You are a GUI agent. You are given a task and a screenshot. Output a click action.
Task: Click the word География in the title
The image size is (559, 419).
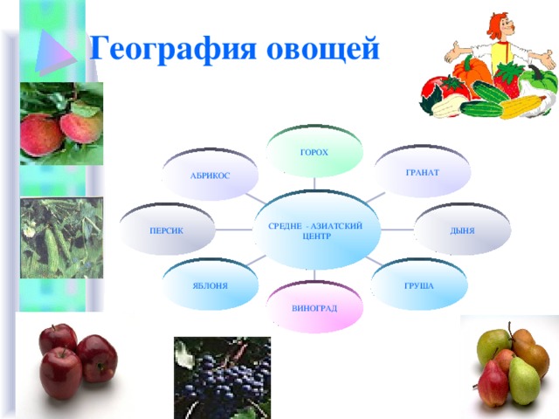173,49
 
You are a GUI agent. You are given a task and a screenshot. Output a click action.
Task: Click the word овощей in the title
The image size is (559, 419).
322,49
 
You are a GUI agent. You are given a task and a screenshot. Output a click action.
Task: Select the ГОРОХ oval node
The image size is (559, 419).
314,151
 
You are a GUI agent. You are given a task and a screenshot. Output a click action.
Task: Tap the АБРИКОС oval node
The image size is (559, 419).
210,175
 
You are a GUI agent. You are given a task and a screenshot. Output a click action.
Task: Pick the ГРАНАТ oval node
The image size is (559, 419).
423,171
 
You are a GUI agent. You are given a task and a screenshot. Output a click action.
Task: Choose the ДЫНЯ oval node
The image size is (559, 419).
462,230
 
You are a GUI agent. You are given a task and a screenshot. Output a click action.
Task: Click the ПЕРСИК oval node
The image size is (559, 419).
167,230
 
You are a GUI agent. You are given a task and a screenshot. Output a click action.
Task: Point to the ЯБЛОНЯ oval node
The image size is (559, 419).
210,285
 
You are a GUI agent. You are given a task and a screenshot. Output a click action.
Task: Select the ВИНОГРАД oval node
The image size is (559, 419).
314,307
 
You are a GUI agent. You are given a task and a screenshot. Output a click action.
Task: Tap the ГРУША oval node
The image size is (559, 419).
419,285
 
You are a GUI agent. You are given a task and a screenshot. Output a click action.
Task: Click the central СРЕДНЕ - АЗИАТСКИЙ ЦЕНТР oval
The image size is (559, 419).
316,230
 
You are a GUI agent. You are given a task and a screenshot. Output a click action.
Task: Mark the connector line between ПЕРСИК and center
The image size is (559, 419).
234,230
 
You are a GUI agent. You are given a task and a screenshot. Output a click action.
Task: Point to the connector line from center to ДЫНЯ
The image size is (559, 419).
397,230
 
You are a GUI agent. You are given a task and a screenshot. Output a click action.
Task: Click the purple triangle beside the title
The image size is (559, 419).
55,52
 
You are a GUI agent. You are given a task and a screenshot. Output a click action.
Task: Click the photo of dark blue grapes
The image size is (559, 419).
222,378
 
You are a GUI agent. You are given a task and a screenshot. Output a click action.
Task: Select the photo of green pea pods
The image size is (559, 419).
61,238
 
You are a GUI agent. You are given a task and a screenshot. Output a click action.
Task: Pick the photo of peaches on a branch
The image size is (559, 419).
61,123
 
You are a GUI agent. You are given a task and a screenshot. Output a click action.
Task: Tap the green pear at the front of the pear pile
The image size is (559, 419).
523,381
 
